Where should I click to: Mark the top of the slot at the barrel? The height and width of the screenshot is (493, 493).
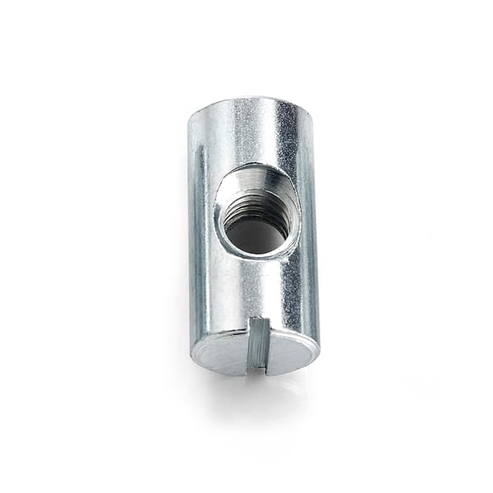[258, 320]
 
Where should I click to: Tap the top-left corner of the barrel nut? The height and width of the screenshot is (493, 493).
[191, 115]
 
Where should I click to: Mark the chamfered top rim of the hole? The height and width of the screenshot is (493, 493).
[257, 170]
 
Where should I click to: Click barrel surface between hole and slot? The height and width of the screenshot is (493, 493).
[256, 288]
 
